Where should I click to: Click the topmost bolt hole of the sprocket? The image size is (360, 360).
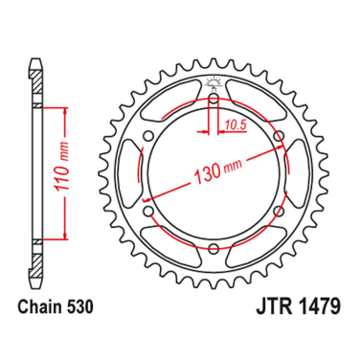pyautogui.click(x=212, y=97)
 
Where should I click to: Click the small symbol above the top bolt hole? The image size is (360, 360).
pyautogui.click(x=212, y=79)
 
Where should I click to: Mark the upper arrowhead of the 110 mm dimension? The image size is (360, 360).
pyautogui.click(x=64, y=112)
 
